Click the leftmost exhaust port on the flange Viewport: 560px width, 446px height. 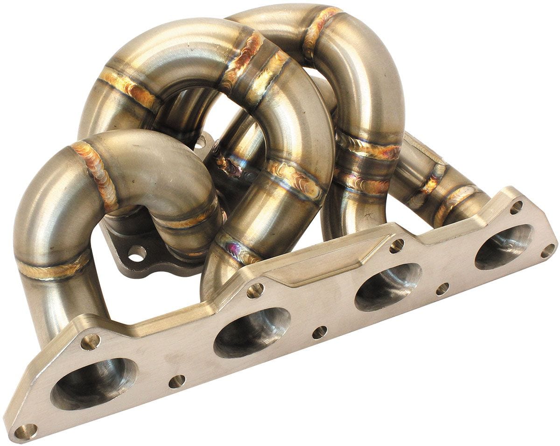click(x=93, y=382)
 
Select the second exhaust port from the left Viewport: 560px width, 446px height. click(x=252, y=332)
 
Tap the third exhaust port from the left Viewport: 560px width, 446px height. click(x=388, y=287)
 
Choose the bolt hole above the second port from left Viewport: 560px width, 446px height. click(x=255, y=290)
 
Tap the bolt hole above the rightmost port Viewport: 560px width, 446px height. click(x=516, y=207)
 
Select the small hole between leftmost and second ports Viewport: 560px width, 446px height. click(x=177, y=381)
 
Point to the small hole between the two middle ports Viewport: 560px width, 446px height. click(x=320, y=333)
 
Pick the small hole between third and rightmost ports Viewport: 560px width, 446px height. click(x=442, y=289)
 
